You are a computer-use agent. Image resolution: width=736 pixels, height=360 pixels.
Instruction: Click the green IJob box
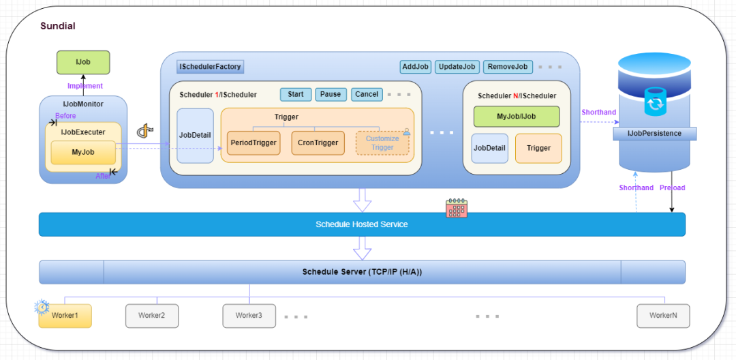83,63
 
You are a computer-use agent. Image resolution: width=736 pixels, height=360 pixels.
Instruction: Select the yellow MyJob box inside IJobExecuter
83,153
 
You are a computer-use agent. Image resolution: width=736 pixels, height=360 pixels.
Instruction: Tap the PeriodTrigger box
254,142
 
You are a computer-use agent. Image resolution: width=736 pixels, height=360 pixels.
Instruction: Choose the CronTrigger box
318,142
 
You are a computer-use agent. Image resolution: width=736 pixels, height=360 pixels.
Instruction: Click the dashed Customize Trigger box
382,142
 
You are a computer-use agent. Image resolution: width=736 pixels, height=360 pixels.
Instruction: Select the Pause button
331,94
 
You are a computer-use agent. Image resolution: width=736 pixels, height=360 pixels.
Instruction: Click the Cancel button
367,94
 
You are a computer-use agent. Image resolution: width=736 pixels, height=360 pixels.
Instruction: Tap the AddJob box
416,67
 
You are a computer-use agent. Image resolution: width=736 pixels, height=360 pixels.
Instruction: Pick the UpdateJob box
457,67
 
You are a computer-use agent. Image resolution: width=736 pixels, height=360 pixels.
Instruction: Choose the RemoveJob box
508,67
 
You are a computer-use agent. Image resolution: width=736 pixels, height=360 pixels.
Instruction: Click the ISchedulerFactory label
210,67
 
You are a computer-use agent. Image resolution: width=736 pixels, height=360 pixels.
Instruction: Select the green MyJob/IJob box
517,117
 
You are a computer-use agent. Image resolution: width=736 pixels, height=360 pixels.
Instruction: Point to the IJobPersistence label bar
654,134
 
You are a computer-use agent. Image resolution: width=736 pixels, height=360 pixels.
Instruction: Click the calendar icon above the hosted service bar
456,208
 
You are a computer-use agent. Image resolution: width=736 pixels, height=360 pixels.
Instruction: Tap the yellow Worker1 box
65,316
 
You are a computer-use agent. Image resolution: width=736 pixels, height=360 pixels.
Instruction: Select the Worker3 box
249,316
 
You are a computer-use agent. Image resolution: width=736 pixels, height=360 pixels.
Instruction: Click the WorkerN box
663,316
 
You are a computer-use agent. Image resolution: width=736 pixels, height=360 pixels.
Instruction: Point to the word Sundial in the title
58,26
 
